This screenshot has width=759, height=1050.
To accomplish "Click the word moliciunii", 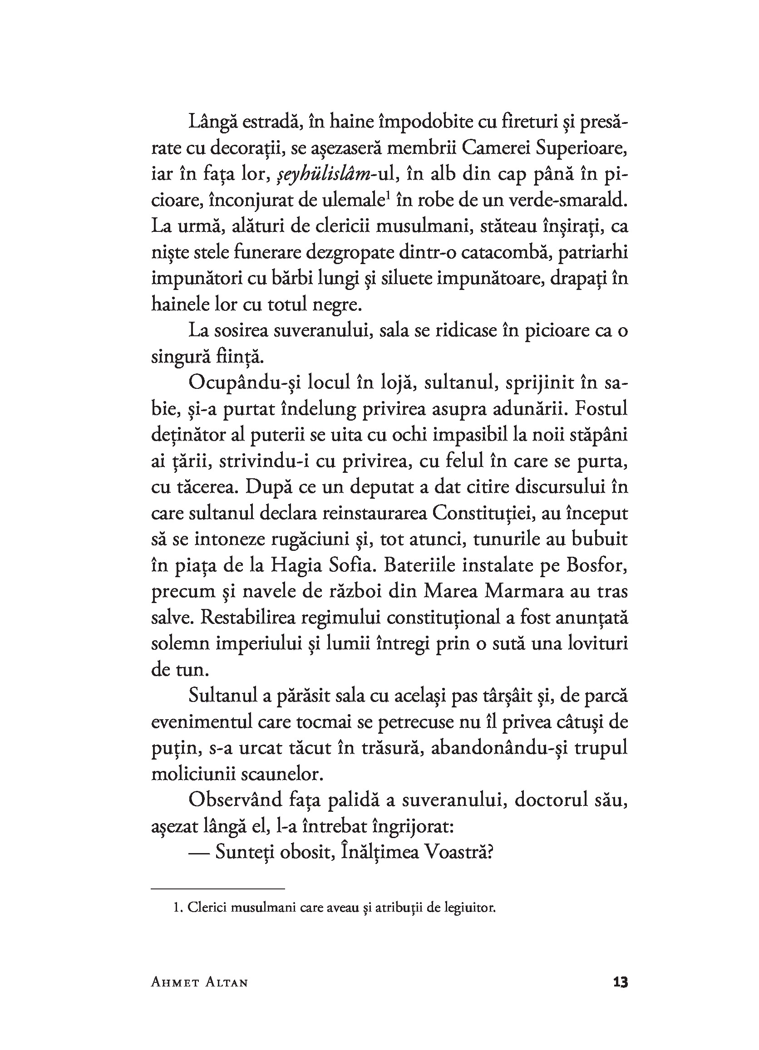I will pyautogui.click(x=194, y=775).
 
